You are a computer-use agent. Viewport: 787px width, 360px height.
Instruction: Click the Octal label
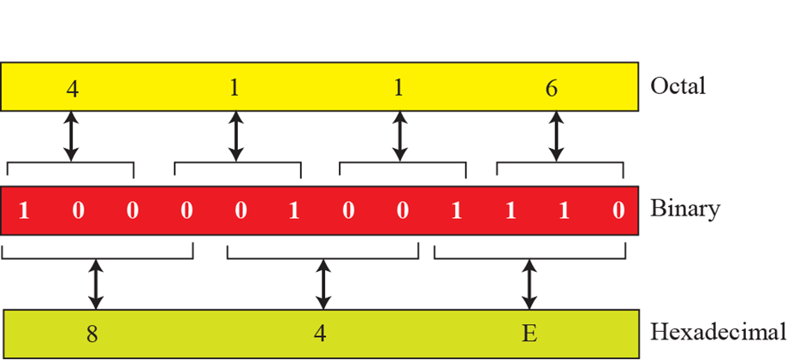click(x=678, y=86)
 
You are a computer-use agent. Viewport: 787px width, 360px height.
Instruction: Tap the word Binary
click(x=684, y=209)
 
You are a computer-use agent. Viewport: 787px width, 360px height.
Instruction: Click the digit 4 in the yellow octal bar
click(x=72, y=89)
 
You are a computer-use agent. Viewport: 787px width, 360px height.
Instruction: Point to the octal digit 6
click(x=552, y=88)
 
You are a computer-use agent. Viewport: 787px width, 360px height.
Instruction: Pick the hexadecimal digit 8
click(x=92, y=333)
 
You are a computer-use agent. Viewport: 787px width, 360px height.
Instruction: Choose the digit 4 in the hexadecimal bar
click(x=320, y=333)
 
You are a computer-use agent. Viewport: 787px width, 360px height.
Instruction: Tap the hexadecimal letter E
click(x=530, y=333)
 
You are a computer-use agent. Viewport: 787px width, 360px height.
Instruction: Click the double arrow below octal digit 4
click(x=72, y=137)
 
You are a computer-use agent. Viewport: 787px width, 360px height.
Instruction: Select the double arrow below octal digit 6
click(x=557, y=137)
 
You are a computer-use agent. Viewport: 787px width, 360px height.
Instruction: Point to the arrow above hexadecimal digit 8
click(x=96, y=285)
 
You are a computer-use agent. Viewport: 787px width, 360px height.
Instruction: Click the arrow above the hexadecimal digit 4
click(x=322, y=285)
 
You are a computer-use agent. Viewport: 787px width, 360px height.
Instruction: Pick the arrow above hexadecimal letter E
click(x=530, y=285)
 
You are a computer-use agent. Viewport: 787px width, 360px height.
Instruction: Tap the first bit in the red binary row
click(x=23, y=210)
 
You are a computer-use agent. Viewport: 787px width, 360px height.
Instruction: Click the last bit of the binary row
click(x=618, y=210)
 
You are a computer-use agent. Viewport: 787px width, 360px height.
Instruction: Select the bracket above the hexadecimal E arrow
click(x=530, y=254)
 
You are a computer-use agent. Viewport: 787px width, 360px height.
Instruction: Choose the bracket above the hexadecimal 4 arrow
click(x=322, y=254)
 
